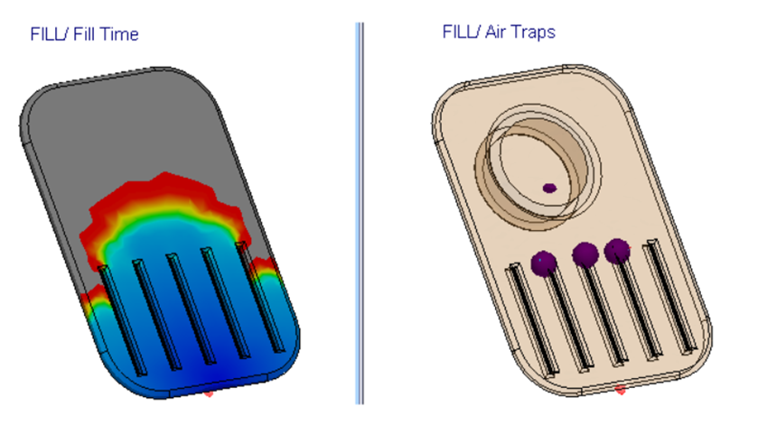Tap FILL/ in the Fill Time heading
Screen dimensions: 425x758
coord(46,34)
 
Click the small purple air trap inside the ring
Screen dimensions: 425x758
coord(549,188)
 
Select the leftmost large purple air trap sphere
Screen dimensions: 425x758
coord(543,263)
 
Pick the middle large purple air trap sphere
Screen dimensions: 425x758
coord(585,254)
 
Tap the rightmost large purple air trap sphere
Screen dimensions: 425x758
coord(617,250)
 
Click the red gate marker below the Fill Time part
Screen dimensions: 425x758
coord(209,393)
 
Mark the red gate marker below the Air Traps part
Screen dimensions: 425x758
coord(620,390)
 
